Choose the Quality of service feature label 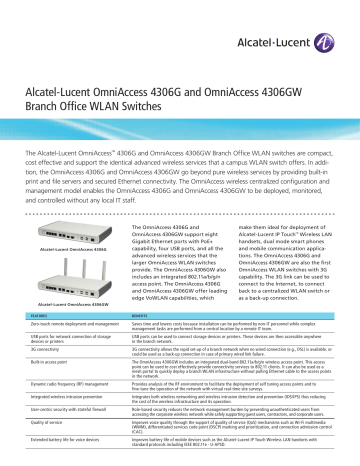45,425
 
